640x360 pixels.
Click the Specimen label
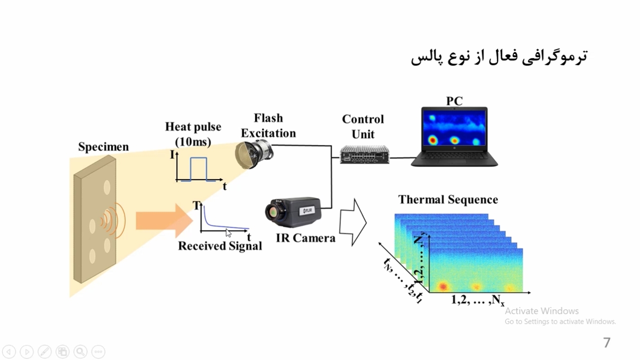103,147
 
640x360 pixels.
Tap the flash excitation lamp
254,153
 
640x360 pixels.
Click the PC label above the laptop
454,101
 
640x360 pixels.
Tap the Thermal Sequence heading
448,199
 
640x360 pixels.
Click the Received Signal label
220,245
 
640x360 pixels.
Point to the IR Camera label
305,238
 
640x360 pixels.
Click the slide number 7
607,342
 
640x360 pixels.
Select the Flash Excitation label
268,125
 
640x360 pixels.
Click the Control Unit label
363,126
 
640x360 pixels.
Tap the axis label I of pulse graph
172,155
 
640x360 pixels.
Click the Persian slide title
499,56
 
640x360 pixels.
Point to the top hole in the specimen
106,187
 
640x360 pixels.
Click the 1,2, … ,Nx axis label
478,300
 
